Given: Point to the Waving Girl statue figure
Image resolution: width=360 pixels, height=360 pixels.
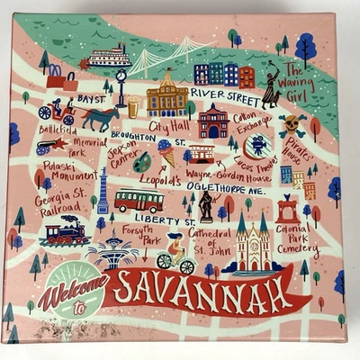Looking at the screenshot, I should pos(269,89).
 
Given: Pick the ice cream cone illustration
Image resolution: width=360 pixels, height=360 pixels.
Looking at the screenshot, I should pos(166,152).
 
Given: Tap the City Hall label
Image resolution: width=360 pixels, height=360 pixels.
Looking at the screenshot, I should pos(169,125).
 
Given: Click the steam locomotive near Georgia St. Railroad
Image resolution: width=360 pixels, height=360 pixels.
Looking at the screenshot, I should pos(66,234).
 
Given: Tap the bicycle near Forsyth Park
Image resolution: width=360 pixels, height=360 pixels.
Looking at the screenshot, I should pos(175,261).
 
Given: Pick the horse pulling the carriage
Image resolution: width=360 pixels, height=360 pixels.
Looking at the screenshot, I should pos(99,117).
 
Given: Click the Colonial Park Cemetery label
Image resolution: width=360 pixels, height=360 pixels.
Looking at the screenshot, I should pos(296,238).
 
